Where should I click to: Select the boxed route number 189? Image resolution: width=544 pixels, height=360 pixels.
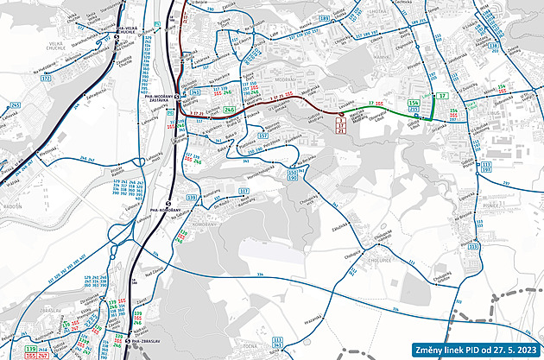[325, 17]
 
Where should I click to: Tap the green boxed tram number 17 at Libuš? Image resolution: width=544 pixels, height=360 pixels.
[442, 96]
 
